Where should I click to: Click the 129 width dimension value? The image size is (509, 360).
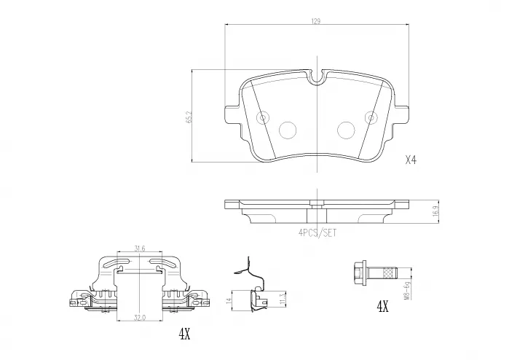coord(316,22)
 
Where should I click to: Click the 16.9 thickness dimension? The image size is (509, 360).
coord(435,212)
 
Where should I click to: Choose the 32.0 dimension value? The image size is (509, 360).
coord(140,318)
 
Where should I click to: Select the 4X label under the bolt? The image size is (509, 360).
coord(382,308)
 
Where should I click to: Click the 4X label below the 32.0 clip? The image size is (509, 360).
coord(184,334)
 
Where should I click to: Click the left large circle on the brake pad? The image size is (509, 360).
coord(287,130)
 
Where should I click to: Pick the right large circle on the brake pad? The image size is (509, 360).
coord(345,130)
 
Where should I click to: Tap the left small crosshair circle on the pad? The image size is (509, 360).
coord(264,116)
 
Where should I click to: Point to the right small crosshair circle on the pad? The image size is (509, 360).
coord(369,116)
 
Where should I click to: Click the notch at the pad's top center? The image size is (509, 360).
coord(316,75)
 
